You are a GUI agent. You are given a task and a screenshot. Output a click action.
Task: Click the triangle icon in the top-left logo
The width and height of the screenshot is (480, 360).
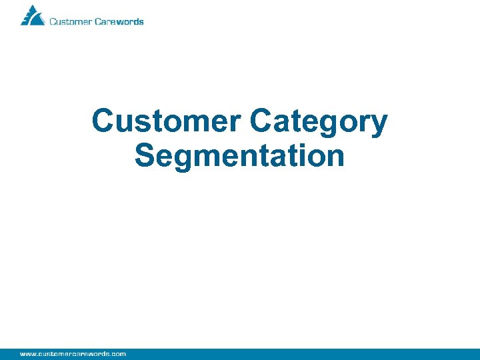pos(31,15)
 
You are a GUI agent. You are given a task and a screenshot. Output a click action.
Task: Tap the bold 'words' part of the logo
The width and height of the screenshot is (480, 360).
pos(129,21)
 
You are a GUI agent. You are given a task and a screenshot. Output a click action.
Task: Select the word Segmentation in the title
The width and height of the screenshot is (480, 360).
pos(239,156)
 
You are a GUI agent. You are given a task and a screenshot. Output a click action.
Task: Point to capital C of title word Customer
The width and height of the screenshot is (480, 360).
pos(104,121)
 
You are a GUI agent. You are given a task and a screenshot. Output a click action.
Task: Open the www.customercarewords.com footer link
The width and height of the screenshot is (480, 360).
pos(73,353)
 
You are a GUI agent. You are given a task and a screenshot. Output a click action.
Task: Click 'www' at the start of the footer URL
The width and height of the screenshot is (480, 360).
pos(27,353)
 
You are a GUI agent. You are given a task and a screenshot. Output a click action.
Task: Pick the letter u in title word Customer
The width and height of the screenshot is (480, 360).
pos(127,124)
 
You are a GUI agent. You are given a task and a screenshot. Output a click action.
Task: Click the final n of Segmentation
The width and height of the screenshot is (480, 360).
pos(335,158)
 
